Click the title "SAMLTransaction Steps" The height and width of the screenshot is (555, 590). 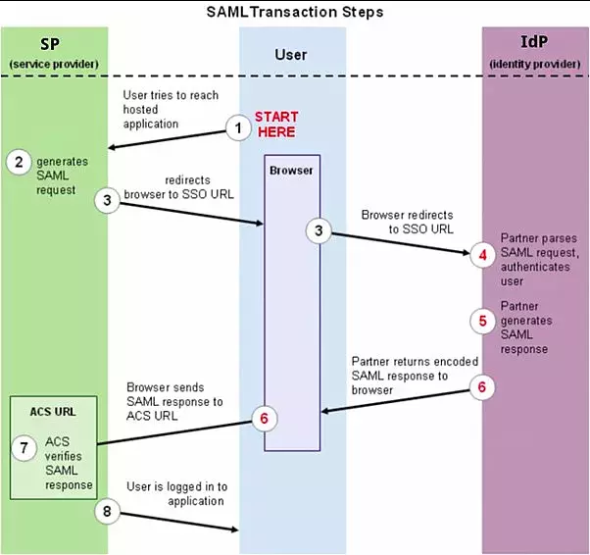pyautogui.click(x=294, y=13)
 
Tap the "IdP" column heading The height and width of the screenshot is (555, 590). pyautogui.click(x=534, y=45)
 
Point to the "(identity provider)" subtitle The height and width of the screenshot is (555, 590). pyautogui.click(x=534, y=64)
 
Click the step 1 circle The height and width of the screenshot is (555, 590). pyautogui.click(x=236, y=126)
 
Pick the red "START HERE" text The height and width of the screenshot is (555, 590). pyautogui.click(x=275, y=125)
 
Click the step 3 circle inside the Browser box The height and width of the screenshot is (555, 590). pyautogui.click(x=319, y=231)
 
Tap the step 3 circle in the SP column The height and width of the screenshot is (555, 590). pyautogui.click(x=109, y=200)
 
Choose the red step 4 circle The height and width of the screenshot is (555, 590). pyautogui.click(x=481, y=255)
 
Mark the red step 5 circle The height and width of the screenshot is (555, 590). pyautogui.click(x=481, y=320)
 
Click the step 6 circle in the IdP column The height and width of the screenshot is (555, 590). pyautogui.click(x=481, y=386)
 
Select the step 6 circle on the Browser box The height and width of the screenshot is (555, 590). pyautogui.click(x=262, y=417)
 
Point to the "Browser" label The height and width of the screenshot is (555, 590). pyautogui.click(x=291, y=170)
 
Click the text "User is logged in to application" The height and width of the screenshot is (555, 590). pyautogui.click(x=176, y=492)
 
